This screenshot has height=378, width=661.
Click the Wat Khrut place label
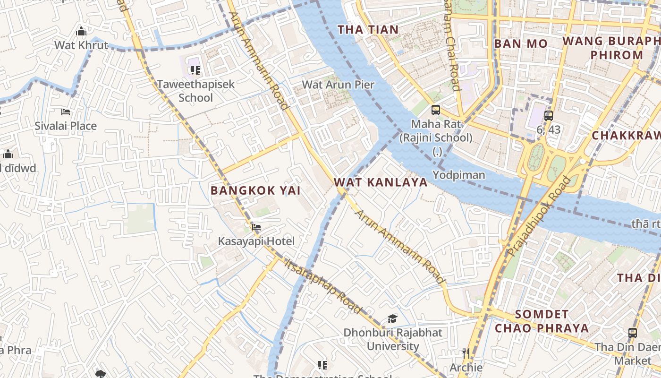click(81, 45)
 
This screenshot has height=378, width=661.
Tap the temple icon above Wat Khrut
click(81, 32)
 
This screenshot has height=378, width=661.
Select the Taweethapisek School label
click(195, 91)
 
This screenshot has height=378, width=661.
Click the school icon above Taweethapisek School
click(195, 70)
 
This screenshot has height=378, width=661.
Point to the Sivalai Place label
click(66, 126)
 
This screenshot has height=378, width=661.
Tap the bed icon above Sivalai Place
click(66, 112)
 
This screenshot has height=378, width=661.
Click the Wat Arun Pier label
click(338, 85)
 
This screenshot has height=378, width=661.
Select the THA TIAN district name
click(368, 30)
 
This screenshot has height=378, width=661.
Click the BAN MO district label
click(521, 44)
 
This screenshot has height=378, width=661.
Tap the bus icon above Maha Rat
click(436, 110)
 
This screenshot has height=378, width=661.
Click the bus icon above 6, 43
click(548, 115)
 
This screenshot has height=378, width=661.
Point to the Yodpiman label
click(459, 175)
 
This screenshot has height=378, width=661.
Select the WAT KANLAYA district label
click(381, 182)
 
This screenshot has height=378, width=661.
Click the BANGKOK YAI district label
click(255, 190)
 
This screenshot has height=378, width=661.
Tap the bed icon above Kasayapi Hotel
click(256, 227)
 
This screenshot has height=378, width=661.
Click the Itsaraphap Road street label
click(323, 286)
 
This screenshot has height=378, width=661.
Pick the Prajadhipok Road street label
click(539, 216)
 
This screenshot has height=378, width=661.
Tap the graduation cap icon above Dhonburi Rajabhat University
click(392, 318)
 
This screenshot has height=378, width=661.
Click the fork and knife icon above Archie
click(466, 353)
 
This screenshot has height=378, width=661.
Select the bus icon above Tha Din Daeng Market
click(633, 333)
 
